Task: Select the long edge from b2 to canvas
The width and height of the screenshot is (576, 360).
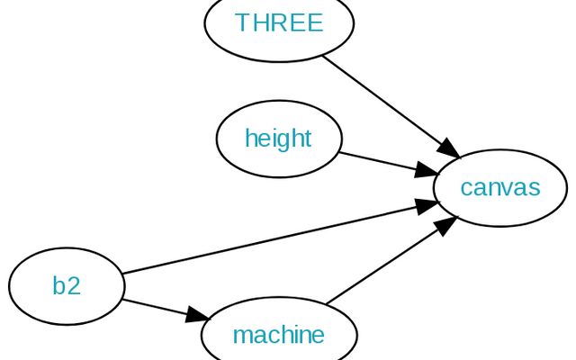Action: (x=270, y=239)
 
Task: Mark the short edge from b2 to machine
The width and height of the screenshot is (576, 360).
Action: (x=157, y=307)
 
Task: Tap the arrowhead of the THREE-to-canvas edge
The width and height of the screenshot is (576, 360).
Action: (x=449, y=148)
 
